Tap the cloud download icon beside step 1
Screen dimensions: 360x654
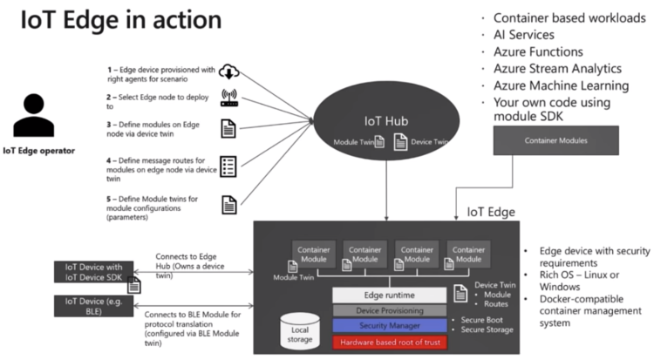point(229,72)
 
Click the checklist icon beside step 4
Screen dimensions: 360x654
point(229,166)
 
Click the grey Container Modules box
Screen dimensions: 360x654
point(555,140)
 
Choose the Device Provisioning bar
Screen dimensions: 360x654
point(390,309)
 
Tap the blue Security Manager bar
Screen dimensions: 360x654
point(390,325)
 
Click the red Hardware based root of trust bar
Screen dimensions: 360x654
point(390,342)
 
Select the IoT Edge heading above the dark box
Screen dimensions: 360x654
point(491,212)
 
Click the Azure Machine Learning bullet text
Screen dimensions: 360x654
point(573,85)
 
